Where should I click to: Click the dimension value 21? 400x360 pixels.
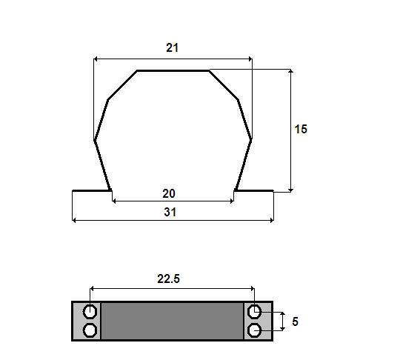(x=172, y=47)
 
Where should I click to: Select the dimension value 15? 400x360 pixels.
(x=301, y=129)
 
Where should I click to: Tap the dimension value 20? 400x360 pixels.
(x=169, y=193)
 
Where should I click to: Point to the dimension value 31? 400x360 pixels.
(x=170, y=212)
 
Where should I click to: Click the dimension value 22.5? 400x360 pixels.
(x=168, y=279)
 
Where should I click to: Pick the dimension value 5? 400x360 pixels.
(x=295, y=321)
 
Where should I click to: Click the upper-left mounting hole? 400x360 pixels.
(x=90, y=312)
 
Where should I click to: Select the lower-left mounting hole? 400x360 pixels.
(x=90, y=330)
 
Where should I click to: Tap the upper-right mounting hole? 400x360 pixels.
(x=254, y=312)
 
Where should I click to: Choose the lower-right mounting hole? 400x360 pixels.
(x=254, y=331)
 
